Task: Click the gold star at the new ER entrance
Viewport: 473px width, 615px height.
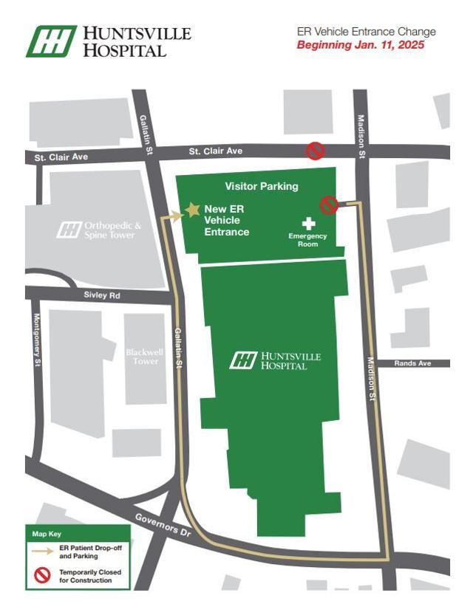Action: pos(192,210)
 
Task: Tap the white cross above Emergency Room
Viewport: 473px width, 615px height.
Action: pos(308,222)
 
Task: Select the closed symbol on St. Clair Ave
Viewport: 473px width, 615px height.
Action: pos(316,151)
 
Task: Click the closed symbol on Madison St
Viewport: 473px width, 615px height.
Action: pos(329,205)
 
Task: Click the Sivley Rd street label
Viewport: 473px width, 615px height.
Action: pos(101,295)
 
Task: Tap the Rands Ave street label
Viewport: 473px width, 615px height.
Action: pos(412,363)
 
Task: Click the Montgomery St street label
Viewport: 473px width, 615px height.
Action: pos(36,339)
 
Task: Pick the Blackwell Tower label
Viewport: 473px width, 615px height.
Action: pos(146,357)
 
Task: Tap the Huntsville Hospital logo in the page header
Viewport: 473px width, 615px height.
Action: pos(109,41)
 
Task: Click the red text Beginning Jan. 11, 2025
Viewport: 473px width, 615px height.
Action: pos(361,45)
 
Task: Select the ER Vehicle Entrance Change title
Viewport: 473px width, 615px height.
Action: pos(366,32)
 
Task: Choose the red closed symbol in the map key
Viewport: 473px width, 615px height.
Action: pos(42,575)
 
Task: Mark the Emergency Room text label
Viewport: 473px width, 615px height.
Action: pos(307,239)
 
